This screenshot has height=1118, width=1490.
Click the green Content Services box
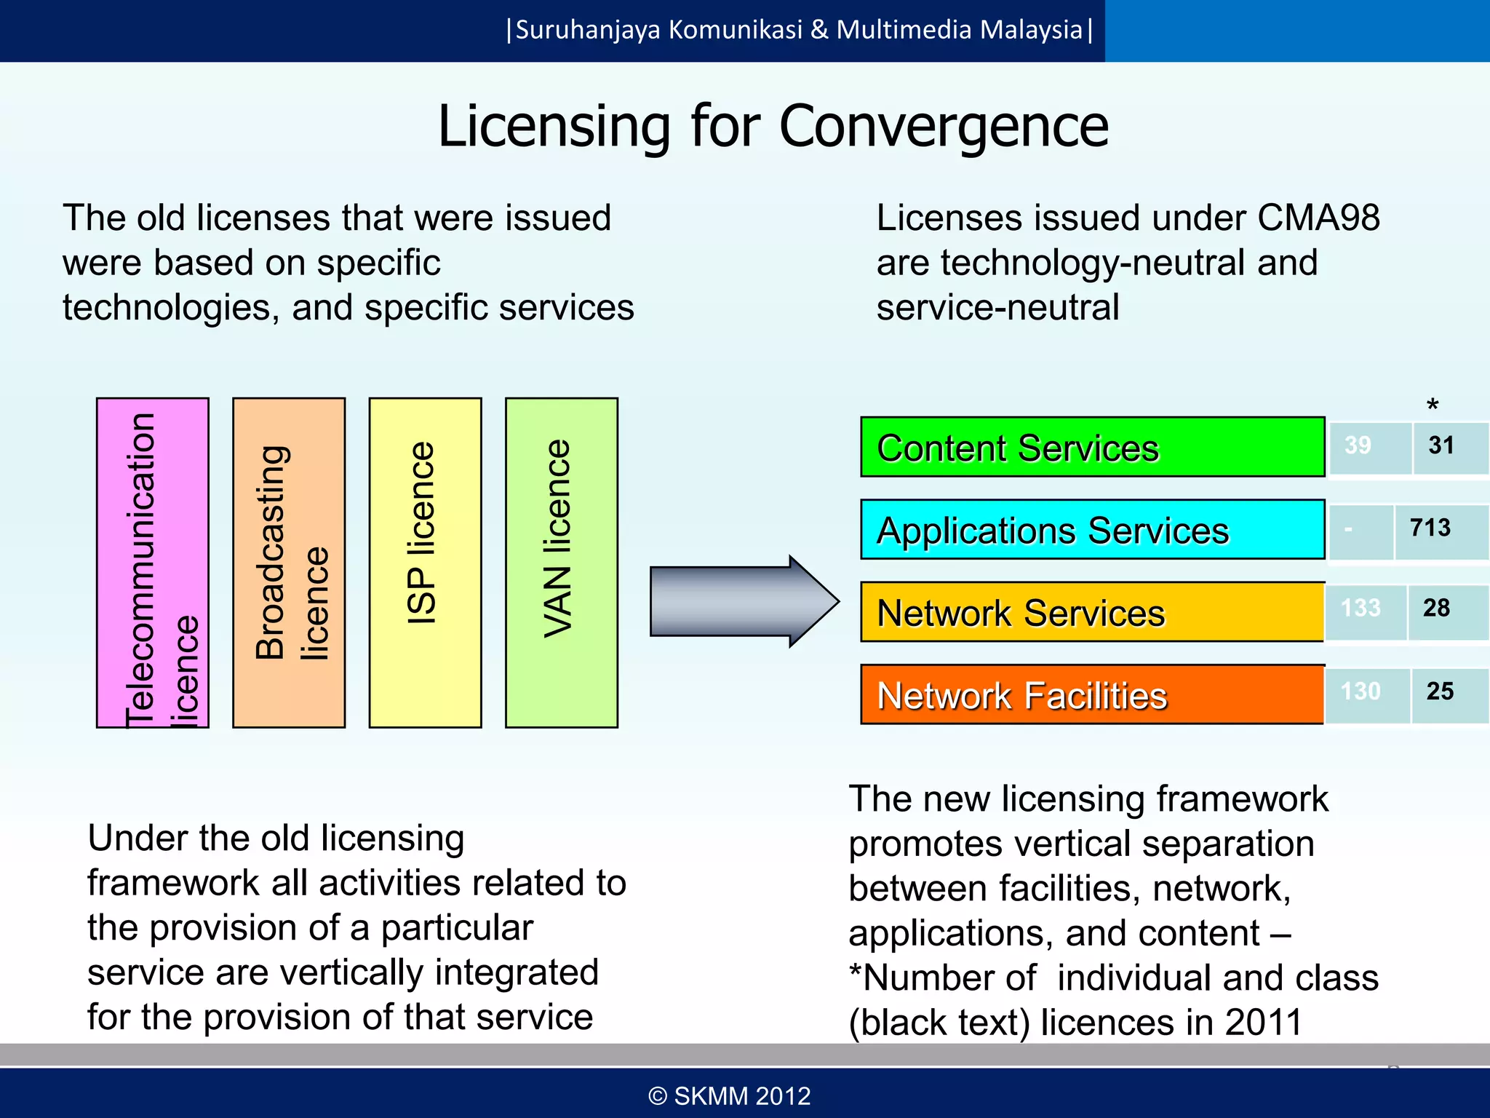click(x=1091, y=447)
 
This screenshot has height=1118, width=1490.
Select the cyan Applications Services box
click(x=1091, y=529)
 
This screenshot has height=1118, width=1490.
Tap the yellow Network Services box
click(x=1091, y=611)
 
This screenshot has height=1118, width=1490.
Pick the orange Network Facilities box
click(x=1091, y=694)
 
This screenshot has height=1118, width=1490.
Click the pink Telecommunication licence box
click(x=153, y=562)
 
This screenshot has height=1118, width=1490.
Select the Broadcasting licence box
click(x=289, y=562)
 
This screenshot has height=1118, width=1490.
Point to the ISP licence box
click(x=425, y=562)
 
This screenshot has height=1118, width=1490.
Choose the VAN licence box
click(x=561, y=562)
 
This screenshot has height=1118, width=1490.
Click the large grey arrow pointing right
click(x=742, y=601)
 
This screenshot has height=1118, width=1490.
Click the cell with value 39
click(x=1358, y=445)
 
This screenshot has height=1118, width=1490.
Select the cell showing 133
click(x=1360, y=608)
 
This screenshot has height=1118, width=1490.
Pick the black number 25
click(x=1440, y=691)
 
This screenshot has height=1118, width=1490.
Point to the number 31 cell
click(x=1441, y=445)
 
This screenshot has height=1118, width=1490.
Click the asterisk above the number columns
click(x=1433, y=405)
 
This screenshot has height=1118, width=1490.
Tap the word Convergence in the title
click(x=944, y=127)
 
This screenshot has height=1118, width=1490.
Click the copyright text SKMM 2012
click(x=730, y=1096)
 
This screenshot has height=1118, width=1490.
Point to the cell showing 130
click(x=1360, y=691)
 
